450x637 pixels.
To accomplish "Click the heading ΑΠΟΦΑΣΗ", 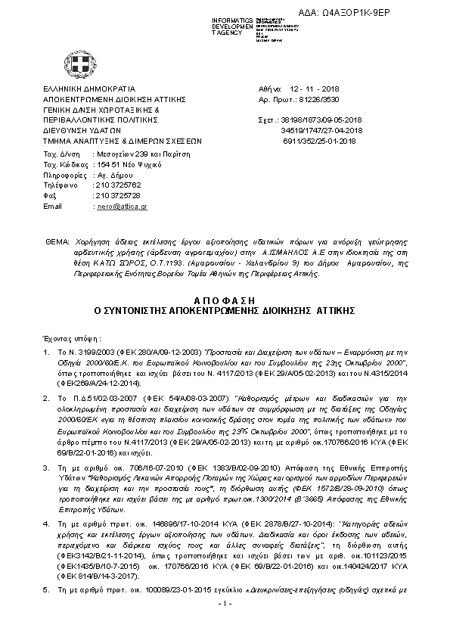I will pyautogui.click(x=225, y=300).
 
